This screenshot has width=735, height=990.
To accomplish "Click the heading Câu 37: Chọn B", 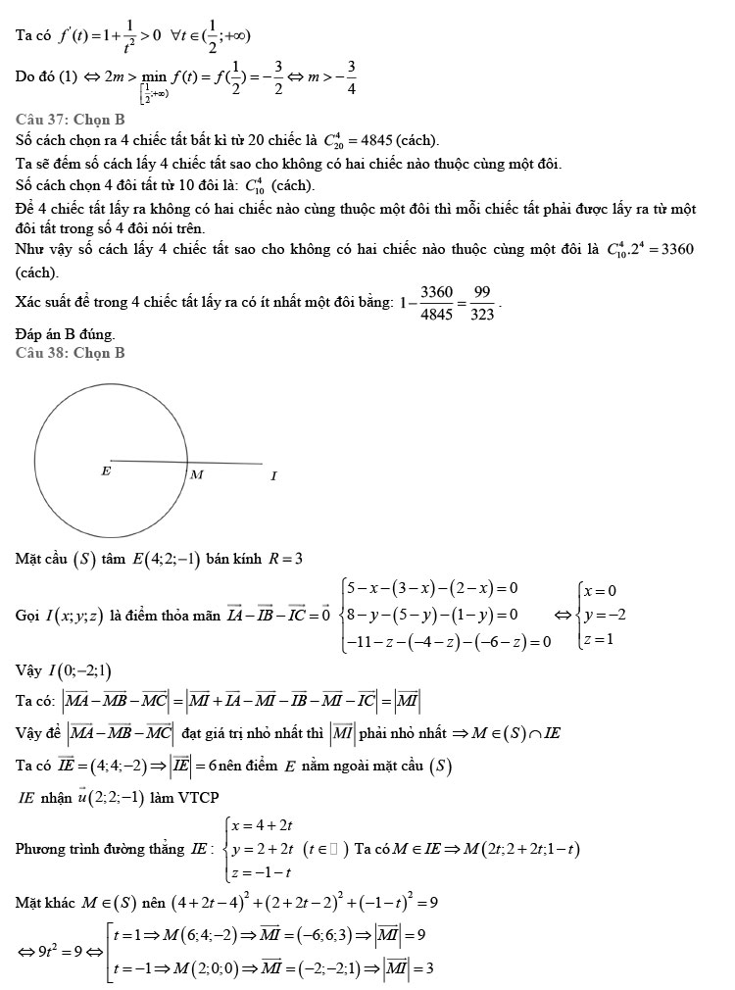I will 70,119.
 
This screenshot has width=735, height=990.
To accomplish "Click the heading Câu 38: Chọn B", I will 70,353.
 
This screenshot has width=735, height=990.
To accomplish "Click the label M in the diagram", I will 196,475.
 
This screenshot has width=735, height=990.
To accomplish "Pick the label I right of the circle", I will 274,476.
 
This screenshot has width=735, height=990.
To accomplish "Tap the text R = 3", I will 285,560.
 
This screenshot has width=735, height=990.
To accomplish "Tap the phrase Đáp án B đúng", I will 65,334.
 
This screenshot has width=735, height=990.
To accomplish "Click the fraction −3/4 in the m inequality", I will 351,76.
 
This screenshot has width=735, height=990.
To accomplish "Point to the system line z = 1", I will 597,639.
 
